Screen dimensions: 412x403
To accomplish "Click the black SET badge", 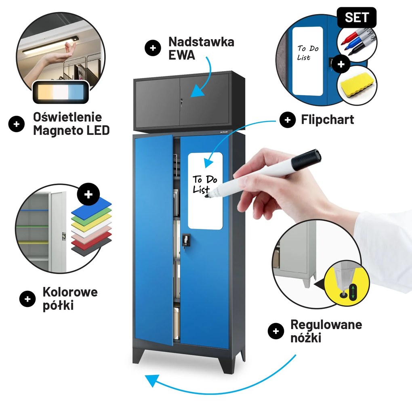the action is [x=357, y=17].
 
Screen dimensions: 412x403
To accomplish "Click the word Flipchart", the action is [x=328, y=120].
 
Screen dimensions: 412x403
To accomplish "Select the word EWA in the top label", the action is [x=182, y=55].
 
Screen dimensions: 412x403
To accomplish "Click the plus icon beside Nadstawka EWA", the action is [x=153, y=48].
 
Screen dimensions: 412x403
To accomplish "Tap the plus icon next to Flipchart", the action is [x=288, y=120].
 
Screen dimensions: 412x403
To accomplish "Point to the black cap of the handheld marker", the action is [x=307, y=160].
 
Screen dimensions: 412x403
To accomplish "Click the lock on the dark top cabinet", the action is [x=181, y=102].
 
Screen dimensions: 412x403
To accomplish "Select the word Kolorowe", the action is [x=70, y=292].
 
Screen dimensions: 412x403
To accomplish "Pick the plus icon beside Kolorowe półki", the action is [x=27, y=299].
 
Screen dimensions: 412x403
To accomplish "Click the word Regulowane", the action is [x=326, y=325].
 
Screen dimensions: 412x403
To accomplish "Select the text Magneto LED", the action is [x=71, y=130].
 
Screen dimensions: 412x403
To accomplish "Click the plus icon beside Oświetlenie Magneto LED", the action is [x=16, y=124].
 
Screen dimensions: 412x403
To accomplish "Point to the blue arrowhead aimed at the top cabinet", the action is [x=198, y=91].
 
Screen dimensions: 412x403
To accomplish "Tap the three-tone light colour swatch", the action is [x=61, y=92].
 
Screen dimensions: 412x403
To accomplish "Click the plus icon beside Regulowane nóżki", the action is [x=276, y=331].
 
